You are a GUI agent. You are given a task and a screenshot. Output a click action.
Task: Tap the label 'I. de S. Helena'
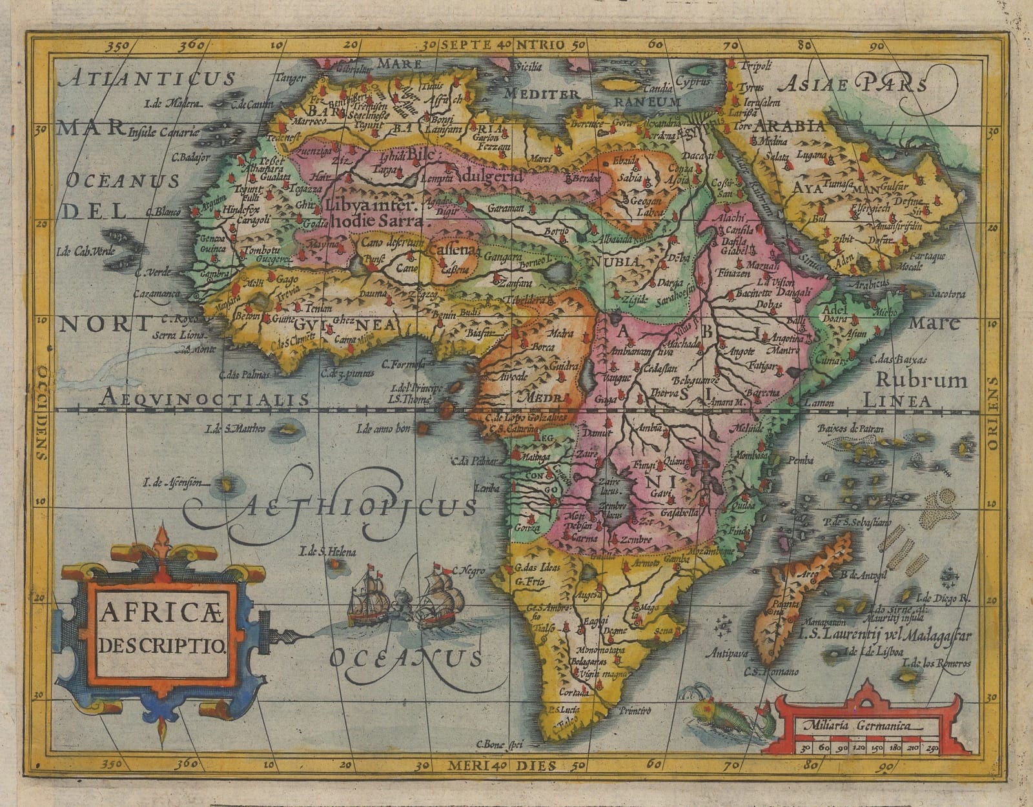pos(327,552)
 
